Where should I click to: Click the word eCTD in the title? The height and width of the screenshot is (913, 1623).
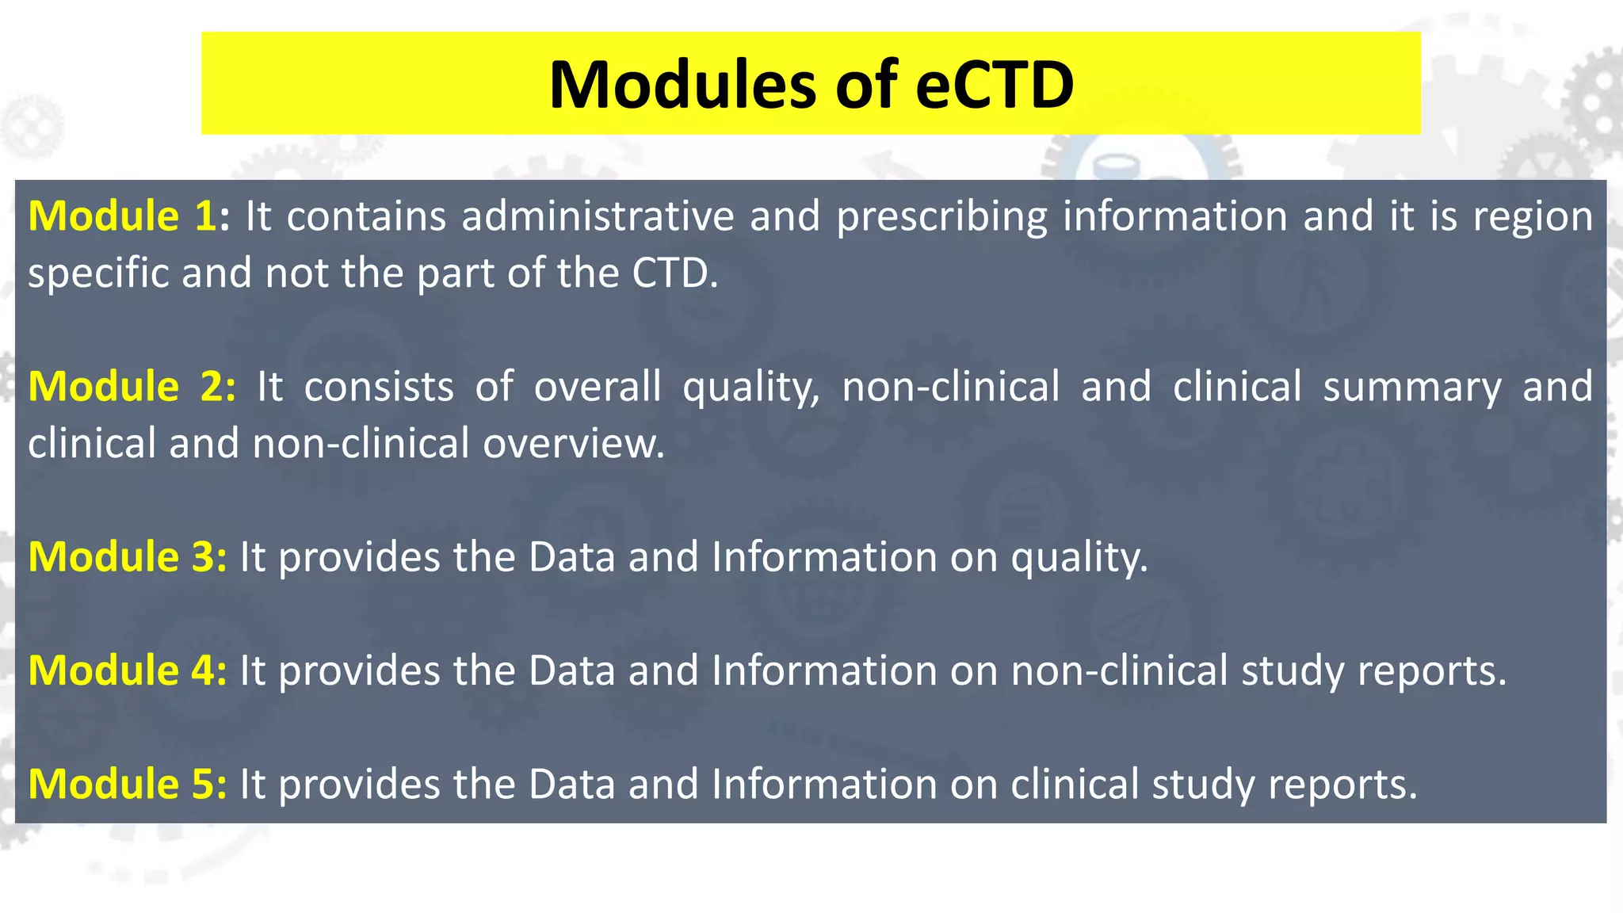point(994,84)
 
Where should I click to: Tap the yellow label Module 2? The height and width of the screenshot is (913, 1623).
point(132,386)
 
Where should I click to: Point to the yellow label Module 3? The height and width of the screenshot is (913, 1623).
point(128,556)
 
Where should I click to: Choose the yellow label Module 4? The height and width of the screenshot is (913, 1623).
point(128,670)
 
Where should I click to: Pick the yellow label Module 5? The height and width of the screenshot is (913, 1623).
point(128,783)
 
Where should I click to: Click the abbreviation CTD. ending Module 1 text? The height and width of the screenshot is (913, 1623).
point(674,273)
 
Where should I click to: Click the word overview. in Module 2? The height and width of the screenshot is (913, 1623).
point(574,443)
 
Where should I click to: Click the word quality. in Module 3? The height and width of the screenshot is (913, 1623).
point(1079,558)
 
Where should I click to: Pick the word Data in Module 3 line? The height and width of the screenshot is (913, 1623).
point(571,556)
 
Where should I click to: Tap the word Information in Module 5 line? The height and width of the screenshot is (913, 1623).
point(824,783)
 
